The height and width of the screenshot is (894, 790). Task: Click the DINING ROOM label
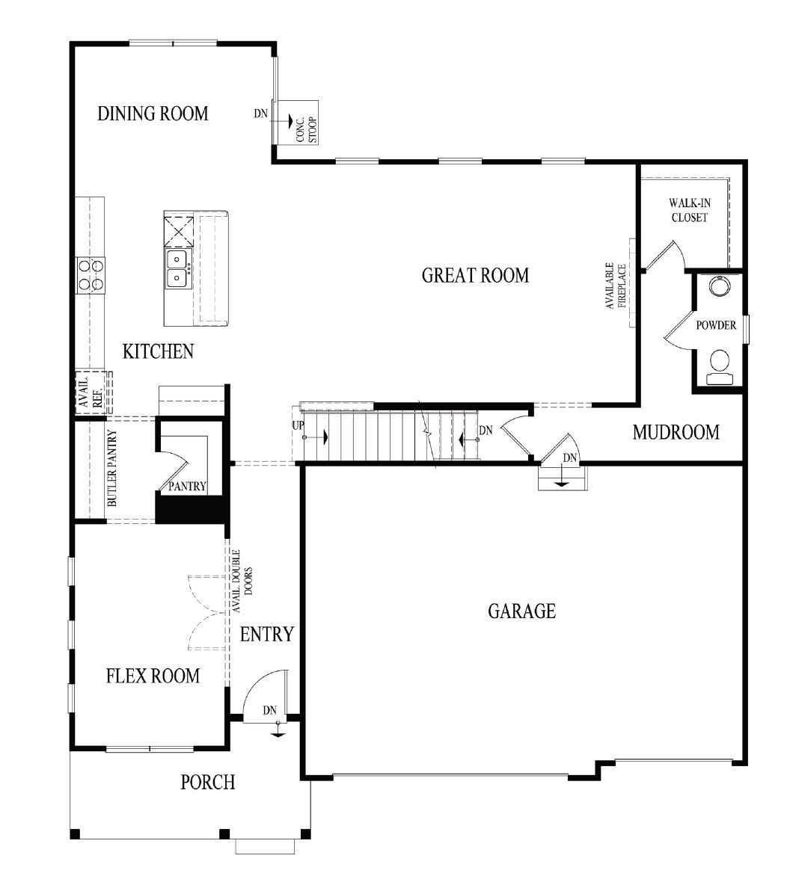coord(153,114)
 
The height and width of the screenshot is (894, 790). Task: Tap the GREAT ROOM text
coord(475,275)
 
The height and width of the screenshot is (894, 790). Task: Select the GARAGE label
coord(521,611)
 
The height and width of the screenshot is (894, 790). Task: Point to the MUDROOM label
coord(676,432)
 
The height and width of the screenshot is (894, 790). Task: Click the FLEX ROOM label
coord(153,676)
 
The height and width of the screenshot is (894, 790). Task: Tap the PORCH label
coord(207,783)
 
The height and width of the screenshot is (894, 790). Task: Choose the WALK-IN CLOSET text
coord(688,210)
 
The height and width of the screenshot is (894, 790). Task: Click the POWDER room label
coord(716,325)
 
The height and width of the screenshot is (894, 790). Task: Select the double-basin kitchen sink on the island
coord(177,269)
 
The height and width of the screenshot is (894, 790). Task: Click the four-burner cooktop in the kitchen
coord(90,274)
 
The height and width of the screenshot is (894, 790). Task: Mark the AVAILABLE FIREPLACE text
coord(616,285)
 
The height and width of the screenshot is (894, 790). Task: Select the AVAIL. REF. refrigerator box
coord(91,392)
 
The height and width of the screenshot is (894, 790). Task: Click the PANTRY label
coord(187,486)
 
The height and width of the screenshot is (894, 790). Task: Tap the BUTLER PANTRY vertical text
coord(112,469)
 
